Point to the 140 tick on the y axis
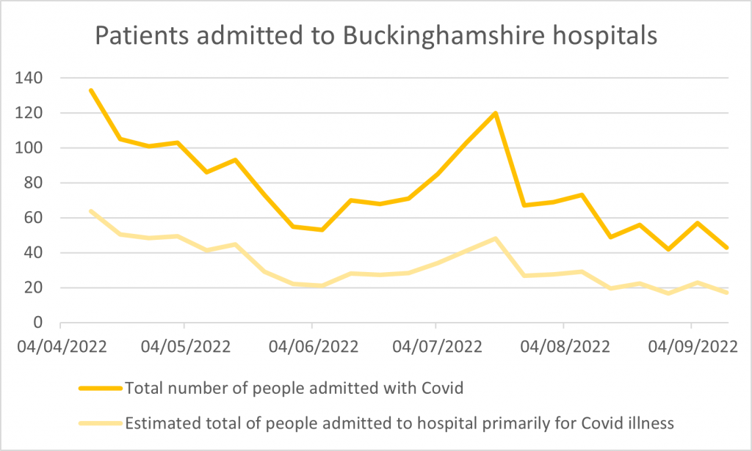pyautogui.click(x=30, y=78)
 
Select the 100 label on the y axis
pyautogui.click(x=30, y=148)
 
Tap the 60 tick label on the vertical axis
pyautogui.click(x=35, y=218)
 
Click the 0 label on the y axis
pyautogui.click(x=40, y=323)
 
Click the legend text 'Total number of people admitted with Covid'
pyautogui.click(x=294, y=389)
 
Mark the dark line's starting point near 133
pyautogui.click(x=90, y=90)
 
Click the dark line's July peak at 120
pyautogui.click(x=496, y=113)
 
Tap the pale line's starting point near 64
pyautogui.click(x=90, y=211)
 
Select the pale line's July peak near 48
pyautogui.click(x=496, y=238)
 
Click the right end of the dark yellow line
pyautogui.click(x=727, y=248)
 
